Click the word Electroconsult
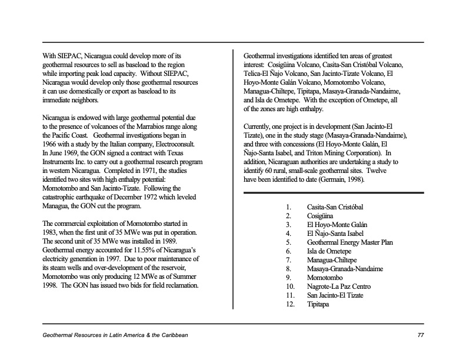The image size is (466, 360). (174, 144)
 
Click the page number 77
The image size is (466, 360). (420, 335)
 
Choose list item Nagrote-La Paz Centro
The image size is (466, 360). (339, 286)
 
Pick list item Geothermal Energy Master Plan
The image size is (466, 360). (349, 242)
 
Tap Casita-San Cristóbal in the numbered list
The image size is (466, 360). (335, 207)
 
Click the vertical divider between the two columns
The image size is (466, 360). (234, 176)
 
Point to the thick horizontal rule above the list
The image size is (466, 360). (334, 192)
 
